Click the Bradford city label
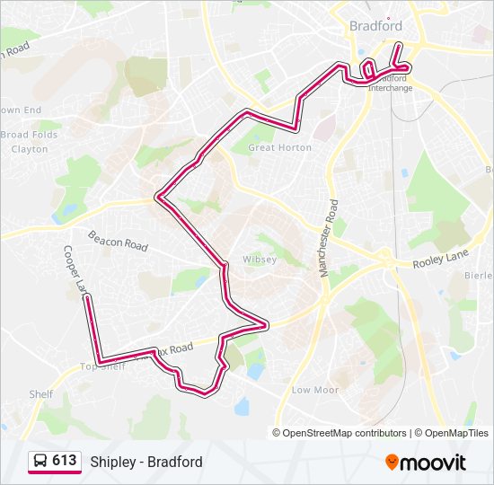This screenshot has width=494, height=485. point(375,26)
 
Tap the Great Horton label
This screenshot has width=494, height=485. point(279,147)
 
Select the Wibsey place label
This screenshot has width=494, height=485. point(260,260)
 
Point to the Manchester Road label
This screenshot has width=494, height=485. point(330,238)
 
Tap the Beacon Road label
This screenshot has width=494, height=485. point(117,240)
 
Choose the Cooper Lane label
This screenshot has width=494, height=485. point(75,270)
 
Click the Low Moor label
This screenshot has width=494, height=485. point(315,390)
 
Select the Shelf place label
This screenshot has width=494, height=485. point(40,394)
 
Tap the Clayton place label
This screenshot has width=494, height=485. point(30,149)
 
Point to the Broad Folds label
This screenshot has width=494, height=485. point(29,135)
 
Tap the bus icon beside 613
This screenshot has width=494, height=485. point(40,462)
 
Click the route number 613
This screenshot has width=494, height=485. point(64,461)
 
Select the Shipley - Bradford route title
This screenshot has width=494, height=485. point(146,462)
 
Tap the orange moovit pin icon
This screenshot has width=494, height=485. point(393,462)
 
